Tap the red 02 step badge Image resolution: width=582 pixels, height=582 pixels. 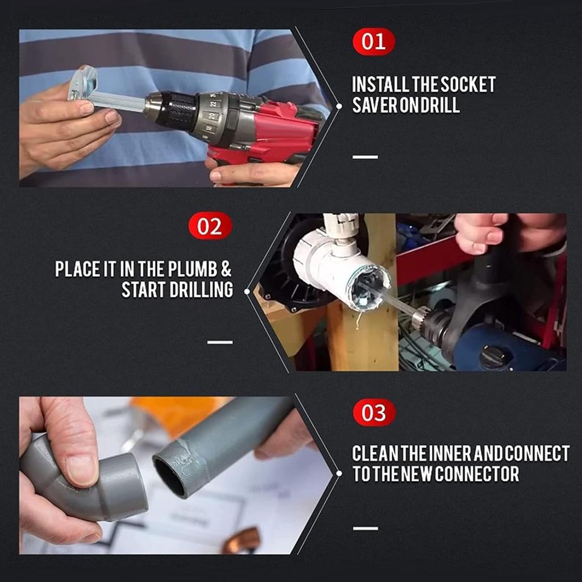[x=210, y=226]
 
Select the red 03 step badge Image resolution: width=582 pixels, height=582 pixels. [x=373, y=413]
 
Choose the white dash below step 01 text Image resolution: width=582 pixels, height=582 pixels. [x=365, y=157]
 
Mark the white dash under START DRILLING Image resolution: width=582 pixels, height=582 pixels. [x=220, y=342]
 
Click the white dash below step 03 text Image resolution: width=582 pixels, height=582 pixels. [x=365, y=528]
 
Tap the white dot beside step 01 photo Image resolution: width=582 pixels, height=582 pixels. [x=339, y=106]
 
